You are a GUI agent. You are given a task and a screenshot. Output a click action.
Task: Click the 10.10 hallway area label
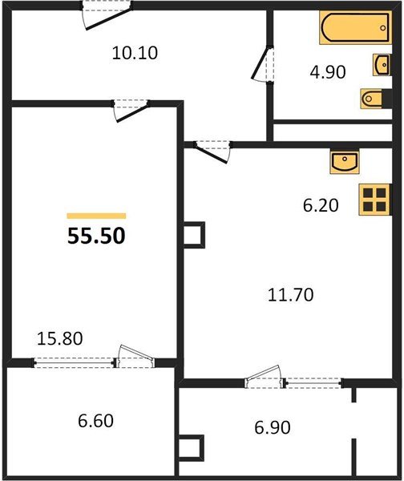135,54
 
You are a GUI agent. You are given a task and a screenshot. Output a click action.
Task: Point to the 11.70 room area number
290,295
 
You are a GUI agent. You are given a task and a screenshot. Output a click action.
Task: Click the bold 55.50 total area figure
95,236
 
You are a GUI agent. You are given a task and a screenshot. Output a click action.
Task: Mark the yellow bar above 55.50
96,216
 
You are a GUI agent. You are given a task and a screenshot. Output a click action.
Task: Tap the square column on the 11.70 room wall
194,235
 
